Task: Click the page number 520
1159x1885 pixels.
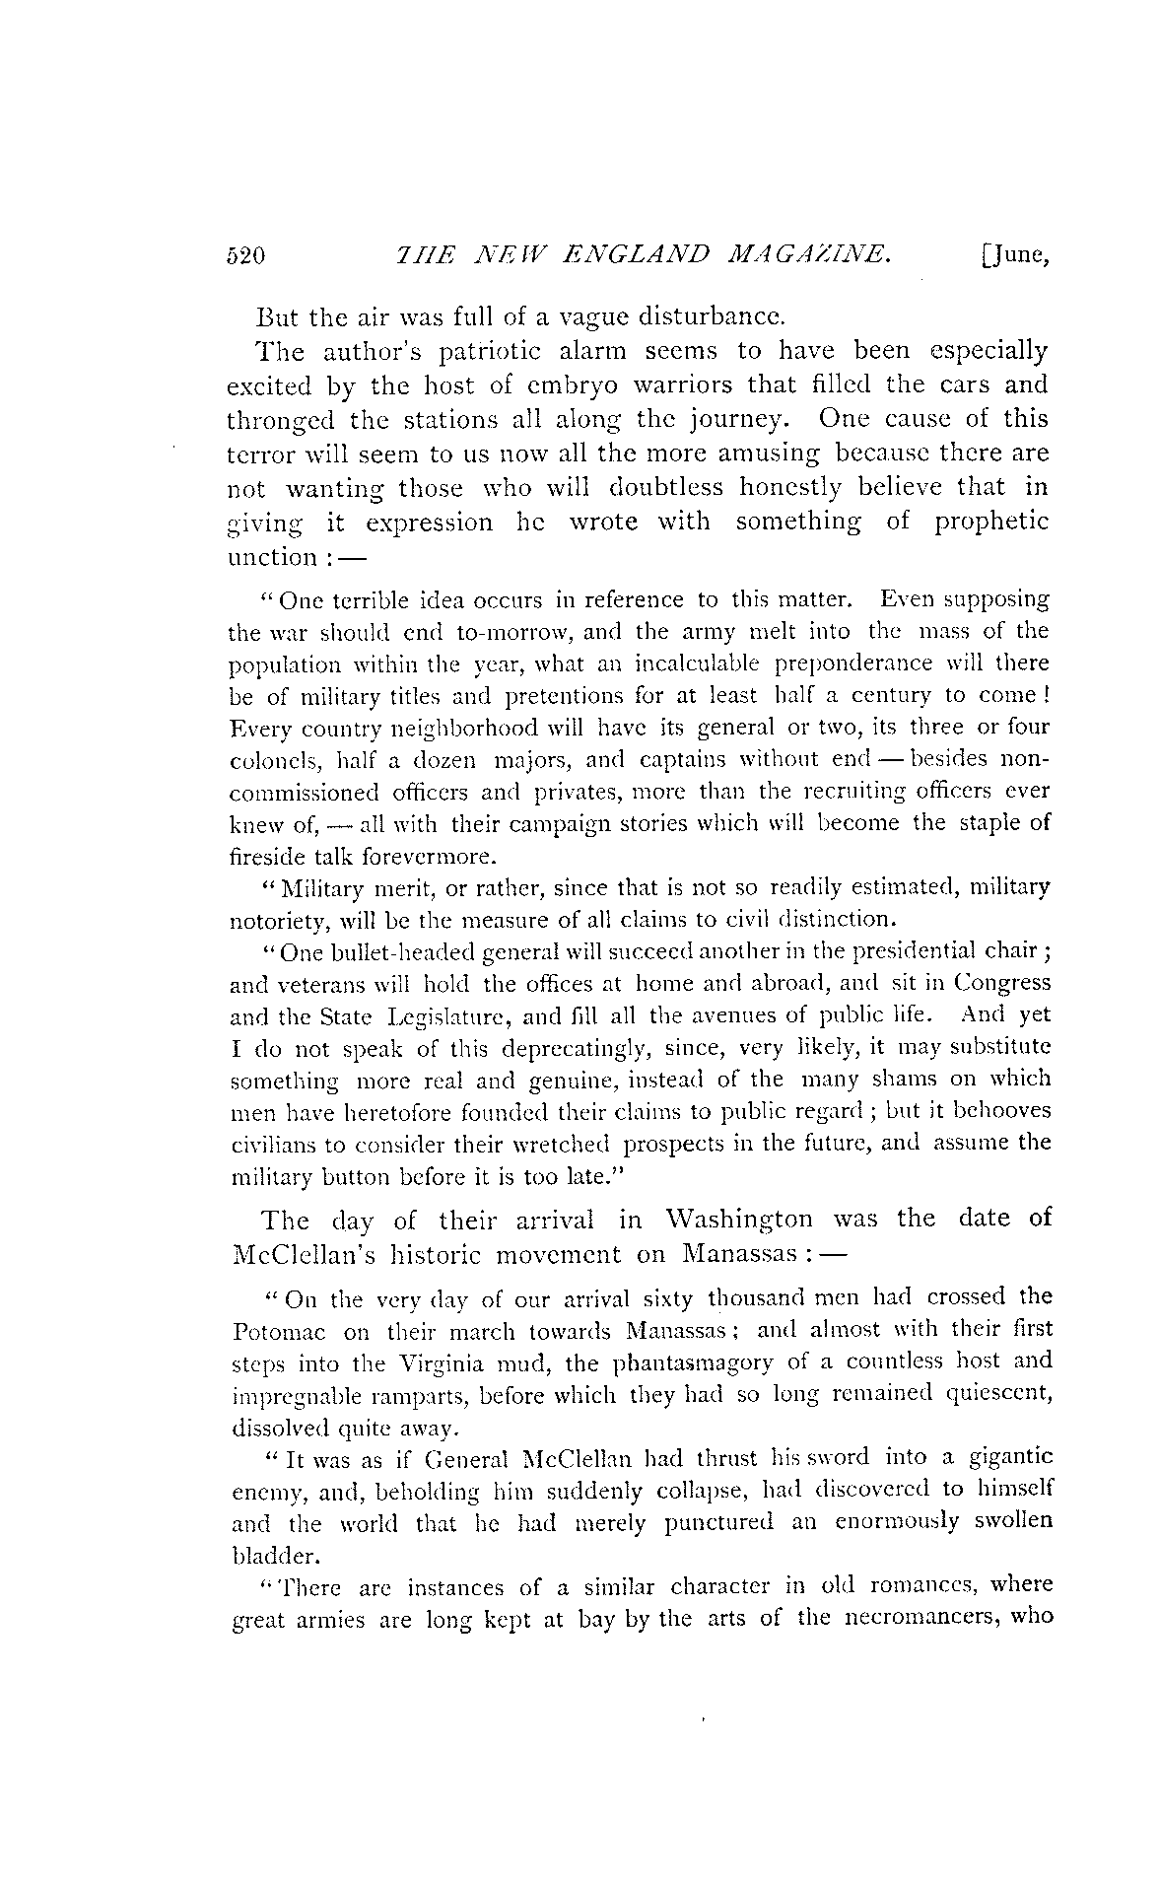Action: tap(246, 257)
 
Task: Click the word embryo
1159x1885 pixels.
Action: tap(552, 384)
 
